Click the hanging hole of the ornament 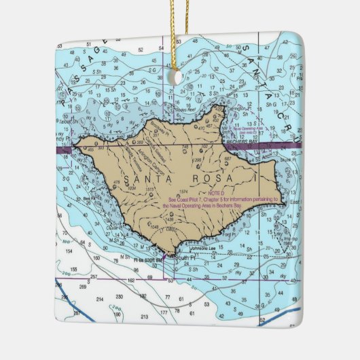(x=180, y=77)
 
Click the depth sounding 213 (x=144, y=317)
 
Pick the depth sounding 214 (x=100, y=298)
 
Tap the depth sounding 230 (x=120, y=297)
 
